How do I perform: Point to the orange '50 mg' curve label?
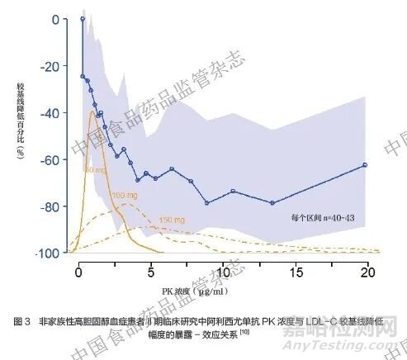(x=96, y=169)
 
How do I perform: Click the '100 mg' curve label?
(x=123, y=196)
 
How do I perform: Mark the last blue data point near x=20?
(x=365, y=165)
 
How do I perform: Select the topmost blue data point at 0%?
(x=83, y=18)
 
